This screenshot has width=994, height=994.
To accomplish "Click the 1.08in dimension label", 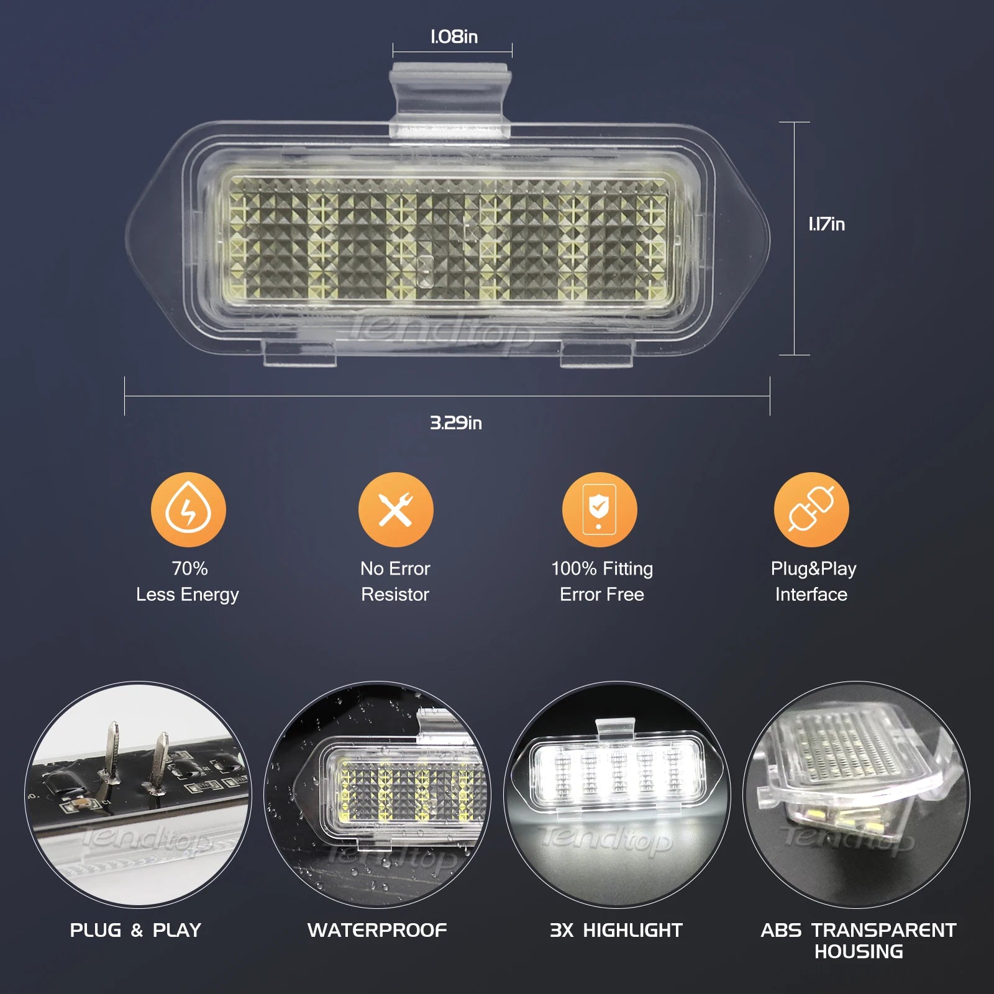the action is point(454,37).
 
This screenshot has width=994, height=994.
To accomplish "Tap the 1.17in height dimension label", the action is point(826,224).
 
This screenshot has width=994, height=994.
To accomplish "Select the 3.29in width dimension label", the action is point(456,423).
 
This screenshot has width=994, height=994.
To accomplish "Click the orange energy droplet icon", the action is point(188,509).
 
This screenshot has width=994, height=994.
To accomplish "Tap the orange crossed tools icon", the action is point(396,509).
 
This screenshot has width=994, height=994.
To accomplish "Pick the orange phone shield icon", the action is point(600,509).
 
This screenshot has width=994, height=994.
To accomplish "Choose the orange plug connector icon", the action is point(811,509).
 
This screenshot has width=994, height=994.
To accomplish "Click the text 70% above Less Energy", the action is point(190,568).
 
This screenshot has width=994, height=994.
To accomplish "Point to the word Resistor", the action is point(395,595).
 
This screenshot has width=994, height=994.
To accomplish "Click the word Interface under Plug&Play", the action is point(811,595).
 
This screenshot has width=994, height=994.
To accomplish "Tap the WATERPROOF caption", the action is point(377,930).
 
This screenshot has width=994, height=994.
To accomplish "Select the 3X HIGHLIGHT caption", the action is point(616,930).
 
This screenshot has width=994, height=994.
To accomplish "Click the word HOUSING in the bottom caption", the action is point(859,951).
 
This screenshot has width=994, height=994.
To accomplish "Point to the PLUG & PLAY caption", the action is point(135,930).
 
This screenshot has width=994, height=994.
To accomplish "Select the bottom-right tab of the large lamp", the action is point(596,353).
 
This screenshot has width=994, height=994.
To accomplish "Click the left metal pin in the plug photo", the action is point(111,758).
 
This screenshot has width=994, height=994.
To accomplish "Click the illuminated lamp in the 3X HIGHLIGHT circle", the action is point(616,771).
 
